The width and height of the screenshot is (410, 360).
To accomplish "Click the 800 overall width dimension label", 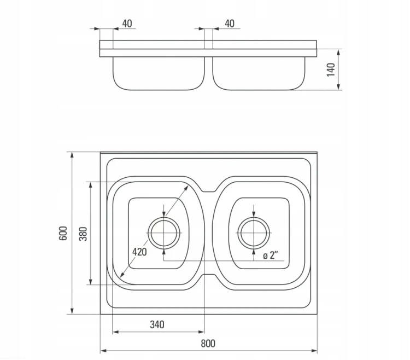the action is pos(208,343).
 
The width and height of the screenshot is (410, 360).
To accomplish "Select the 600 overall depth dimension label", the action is pos(63,233).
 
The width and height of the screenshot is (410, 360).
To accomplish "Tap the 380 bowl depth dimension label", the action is pos(83,234).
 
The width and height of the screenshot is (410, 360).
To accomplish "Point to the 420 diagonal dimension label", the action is pos(139,252).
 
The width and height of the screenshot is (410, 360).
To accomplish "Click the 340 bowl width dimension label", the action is pos(157,324).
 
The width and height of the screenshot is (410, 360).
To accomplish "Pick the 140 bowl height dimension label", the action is pos(331,69).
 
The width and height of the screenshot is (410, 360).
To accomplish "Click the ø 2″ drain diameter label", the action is pos(271,255).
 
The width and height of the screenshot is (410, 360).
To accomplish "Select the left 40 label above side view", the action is pos(127,24).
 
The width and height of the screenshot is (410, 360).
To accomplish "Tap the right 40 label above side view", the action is pos(230,24).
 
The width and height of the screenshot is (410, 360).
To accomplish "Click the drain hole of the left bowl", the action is pos(164,233).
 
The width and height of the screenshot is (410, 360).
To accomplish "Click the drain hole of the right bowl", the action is pos(254,233).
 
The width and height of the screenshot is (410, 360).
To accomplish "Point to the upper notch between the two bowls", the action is pos(208,190).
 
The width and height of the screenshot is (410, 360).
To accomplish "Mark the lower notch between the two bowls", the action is pos(208,276).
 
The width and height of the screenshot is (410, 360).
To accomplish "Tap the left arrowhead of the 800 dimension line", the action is pos(103,351).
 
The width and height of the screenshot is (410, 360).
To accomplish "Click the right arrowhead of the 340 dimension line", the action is pos(201,332).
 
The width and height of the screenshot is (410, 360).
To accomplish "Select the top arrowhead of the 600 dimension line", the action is pos(72,155).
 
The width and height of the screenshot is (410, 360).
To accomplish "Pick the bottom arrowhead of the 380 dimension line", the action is pos(90,282).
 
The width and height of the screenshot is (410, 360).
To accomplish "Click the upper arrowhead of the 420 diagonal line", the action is pos(186,187).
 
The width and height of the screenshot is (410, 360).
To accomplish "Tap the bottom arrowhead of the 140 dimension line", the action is pos(338,87).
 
